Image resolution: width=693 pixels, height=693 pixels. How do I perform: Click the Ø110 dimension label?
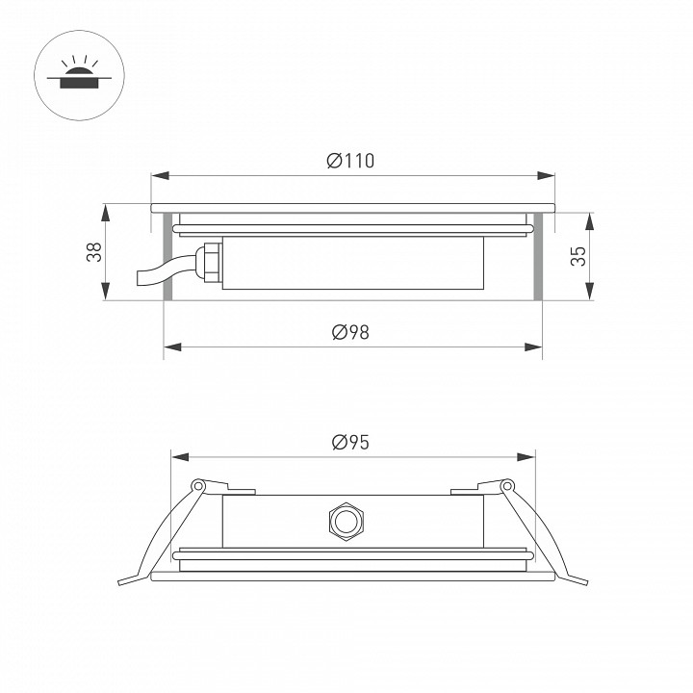pos(350,161)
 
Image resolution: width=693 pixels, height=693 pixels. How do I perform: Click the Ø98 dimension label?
pos(350,332)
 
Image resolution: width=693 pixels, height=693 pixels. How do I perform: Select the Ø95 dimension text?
pos(350,442)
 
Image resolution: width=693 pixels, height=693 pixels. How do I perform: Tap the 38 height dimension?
pos(93,253)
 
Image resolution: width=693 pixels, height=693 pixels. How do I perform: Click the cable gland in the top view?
pos(207,262)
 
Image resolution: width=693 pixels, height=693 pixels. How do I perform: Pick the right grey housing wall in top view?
pos(538,255)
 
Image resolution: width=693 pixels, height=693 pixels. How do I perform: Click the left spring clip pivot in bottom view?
pos(198,486)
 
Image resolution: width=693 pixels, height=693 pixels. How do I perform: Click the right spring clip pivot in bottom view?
pos(507,486)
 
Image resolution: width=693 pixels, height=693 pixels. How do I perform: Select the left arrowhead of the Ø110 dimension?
pos(159,175)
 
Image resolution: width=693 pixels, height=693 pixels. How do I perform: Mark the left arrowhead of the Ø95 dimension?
pos(177,457)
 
